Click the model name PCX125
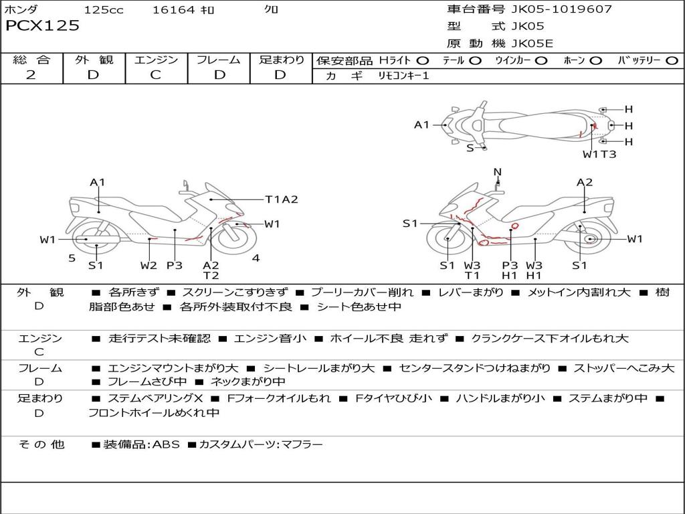tap(42, 26)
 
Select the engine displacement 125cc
tap(104, 9)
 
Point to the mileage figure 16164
tap(173, 9)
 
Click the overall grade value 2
tap(31, 75)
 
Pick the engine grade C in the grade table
tap(155, 75)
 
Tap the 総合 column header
tap(31, 60)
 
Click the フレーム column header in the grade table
tap(218, 60)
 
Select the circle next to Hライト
tap(423, 61)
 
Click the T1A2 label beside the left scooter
tap(281, 199)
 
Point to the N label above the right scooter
tap(497, 172)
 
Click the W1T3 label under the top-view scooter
tap(599, 154)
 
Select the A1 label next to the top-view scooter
tap(421, 124)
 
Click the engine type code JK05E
tap(532, 44)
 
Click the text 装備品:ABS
tap(141, 444)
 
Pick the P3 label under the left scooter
tap(175, 266)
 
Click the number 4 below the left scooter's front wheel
tap(256, 258)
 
